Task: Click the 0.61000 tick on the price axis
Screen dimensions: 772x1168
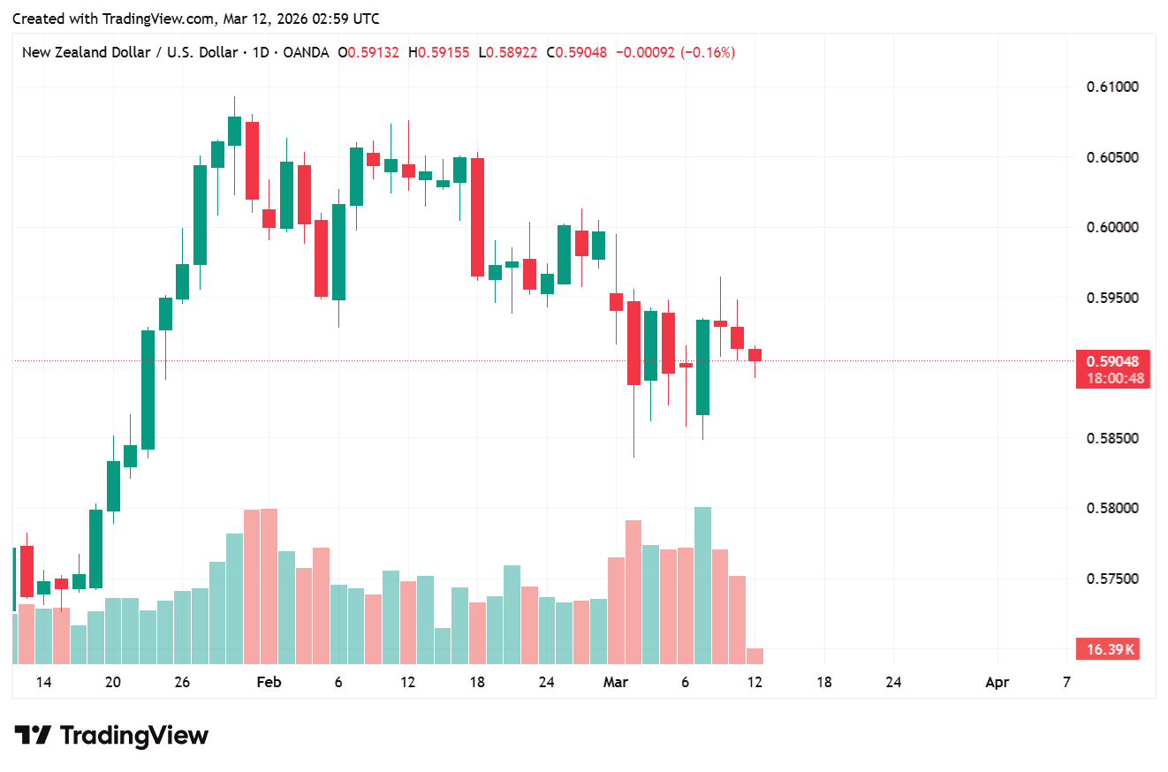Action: point(1111,87)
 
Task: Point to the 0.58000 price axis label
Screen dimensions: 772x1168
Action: point(1111,509)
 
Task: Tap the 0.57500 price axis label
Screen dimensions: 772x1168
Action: point(1111,579)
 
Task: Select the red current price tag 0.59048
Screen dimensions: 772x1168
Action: point(1112,361)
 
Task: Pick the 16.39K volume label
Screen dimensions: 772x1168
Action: point(1110,650)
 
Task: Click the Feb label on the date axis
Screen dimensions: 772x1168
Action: point(268,682)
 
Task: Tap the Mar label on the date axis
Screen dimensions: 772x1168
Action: point(615,682)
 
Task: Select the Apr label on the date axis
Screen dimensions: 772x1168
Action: point(997,682)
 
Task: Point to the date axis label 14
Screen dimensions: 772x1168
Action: point(43,682)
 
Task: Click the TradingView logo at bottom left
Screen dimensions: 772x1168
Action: point(111,735)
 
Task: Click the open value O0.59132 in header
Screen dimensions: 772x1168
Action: point(368,53)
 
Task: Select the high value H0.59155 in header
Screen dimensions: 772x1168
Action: point(438,53)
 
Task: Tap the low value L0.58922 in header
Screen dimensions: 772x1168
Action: point(507,53)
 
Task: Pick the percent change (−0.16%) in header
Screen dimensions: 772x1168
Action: point(708,53)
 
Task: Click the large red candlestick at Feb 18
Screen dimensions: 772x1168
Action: point(477,217)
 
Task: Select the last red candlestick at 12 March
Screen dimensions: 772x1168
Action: point(755,355)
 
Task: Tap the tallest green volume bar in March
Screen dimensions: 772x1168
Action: point(702,585)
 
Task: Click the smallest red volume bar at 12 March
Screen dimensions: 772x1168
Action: point(755,655)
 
